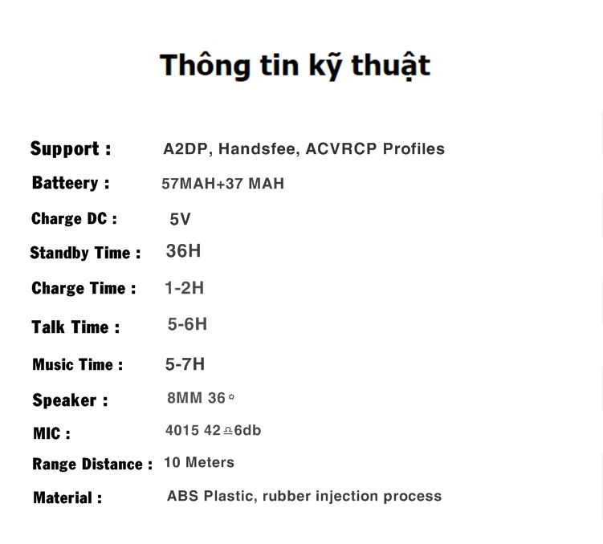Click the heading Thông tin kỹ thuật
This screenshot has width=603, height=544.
295,66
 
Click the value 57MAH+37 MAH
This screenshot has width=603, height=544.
222,184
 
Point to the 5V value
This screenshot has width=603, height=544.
180,219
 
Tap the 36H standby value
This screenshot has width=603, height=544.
183,251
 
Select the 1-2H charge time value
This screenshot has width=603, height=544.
184,288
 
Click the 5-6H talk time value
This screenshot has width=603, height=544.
187,324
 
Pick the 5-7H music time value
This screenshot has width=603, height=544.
185,364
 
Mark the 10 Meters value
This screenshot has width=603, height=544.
199,462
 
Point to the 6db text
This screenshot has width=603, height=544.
247,430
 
